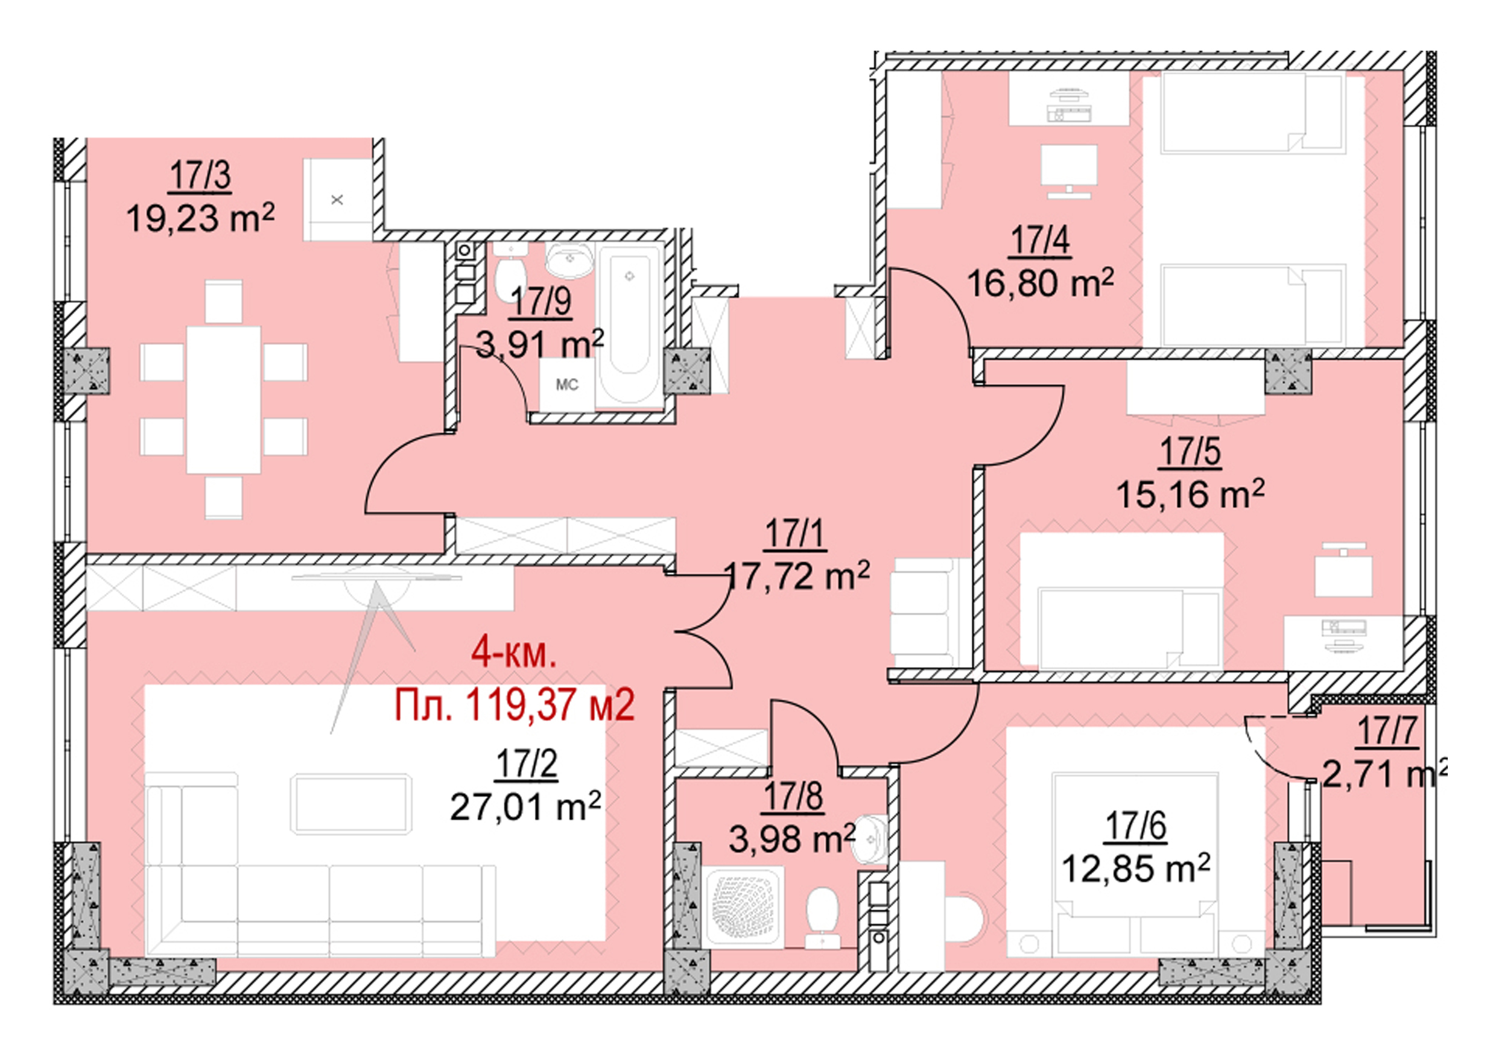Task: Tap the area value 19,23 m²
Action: tap(200, 218)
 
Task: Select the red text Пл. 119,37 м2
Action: tap(515, 704)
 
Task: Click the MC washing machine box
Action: tap(566, 385)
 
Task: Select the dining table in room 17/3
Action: tap(224, 399)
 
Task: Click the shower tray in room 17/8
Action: tap(745, 907)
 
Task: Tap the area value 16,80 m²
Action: tap(1040, 283)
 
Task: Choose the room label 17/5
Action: tap(1190, 452)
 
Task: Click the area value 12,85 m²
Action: tap(1136, 868)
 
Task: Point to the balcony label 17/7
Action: tap(1386, 731)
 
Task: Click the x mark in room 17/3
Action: tap(337, 200)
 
